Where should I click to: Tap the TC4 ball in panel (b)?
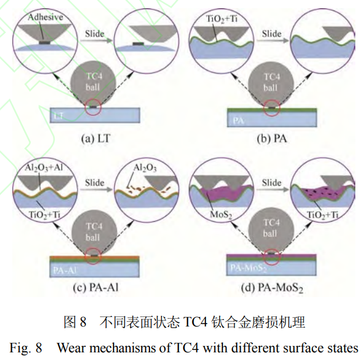[270, 82]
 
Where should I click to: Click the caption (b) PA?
[271, 140]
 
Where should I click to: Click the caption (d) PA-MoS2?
[271, 289]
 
